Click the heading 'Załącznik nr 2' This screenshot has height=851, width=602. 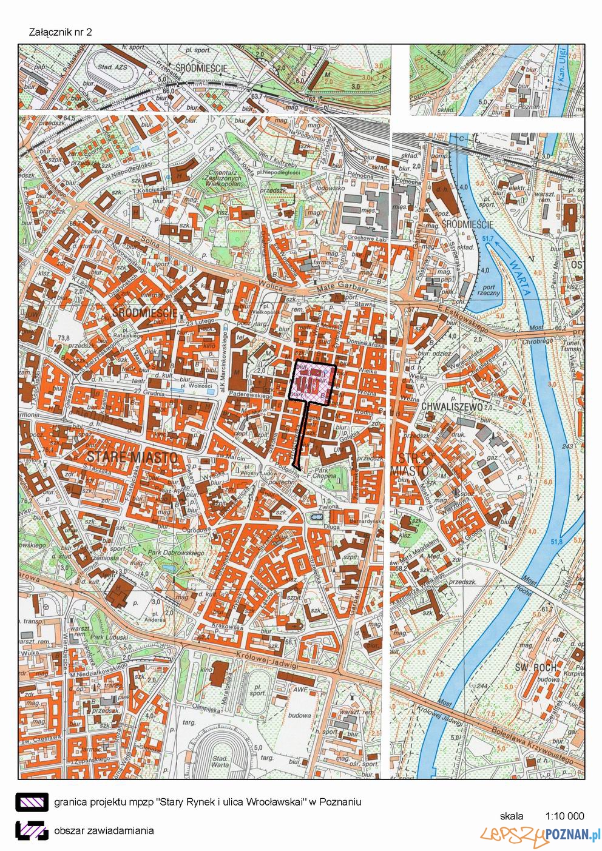coord(61,32)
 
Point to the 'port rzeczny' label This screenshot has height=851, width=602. coord(490,290)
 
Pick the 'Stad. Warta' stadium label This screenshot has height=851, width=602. coord(220,762)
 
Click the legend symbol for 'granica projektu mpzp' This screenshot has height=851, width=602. coord(32,802)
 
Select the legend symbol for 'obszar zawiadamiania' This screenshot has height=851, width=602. coord(32,830)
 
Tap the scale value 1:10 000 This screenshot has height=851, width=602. coord(564,816)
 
